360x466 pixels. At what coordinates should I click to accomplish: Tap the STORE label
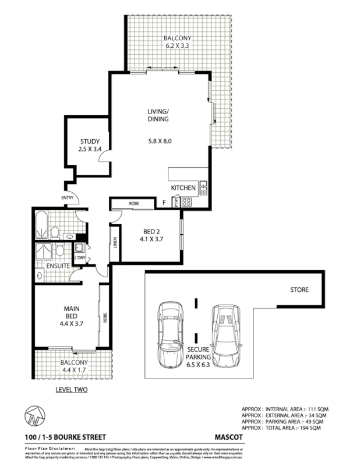299,290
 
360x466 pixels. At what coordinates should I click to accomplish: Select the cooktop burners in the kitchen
188,203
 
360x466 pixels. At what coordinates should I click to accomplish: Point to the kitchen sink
203,188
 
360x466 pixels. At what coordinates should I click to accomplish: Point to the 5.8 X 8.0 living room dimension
159,141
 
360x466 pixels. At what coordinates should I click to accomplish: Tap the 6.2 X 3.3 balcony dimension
177,47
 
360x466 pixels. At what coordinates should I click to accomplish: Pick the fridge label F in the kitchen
165,203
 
